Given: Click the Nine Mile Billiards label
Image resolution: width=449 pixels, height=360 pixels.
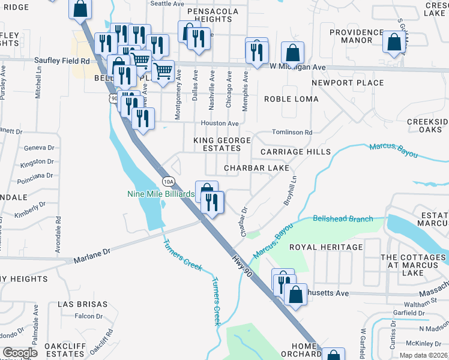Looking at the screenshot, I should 160,194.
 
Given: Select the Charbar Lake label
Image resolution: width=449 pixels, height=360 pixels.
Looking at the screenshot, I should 256,169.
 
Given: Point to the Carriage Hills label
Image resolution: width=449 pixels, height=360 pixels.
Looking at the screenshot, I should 295,152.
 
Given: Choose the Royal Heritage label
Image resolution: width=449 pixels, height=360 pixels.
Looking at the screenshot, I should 326,247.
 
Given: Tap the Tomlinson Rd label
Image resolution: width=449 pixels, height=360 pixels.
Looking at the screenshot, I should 292,132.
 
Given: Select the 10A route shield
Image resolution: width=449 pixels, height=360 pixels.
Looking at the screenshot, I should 169,181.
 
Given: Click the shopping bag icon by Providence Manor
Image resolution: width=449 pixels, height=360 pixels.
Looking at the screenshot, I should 394,42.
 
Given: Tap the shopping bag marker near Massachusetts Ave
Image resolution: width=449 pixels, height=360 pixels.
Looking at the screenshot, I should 295,294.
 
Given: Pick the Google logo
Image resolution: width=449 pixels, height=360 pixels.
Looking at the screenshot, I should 20,353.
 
